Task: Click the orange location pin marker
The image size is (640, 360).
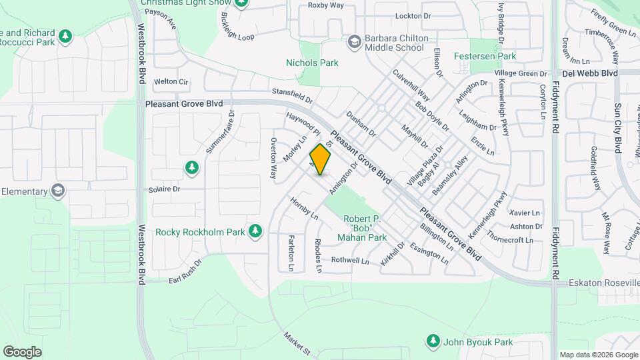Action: pos(321,159)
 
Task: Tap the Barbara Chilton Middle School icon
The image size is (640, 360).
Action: pos(355,42)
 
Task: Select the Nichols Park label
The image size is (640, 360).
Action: pos(312,63)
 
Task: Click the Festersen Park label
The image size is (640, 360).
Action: pos(485,57)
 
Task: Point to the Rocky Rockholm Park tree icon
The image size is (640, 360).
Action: pos(254,231)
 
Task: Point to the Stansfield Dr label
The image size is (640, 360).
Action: pos(292,96)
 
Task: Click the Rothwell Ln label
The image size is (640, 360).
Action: pos(350,260)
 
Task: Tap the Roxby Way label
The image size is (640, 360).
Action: pos(326,5)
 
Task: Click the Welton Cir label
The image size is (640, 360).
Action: pos(171,81)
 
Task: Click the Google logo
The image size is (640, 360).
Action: pos(22,351)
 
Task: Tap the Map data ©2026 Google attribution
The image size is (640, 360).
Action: pos(598,355)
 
